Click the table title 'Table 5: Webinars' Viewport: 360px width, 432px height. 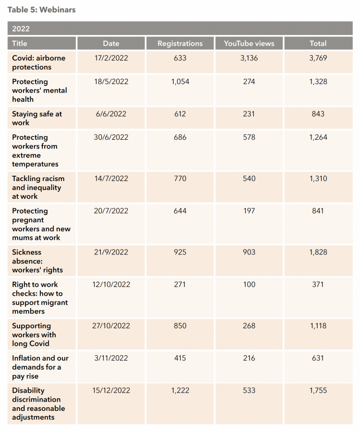pyautogui.click(x=41, y=10)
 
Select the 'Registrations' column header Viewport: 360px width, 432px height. pyautogui.click(x=180, y=44)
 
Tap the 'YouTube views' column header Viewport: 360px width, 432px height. pyautogui.click(x=249, y=44)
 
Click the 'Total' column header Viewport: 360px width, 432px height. pyautogui.click(x=318, y=44)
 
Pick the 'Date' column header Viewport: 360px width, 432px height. pyautogui.click(x=111, y=44)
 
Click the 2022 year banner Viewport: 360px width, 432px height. pyautogui.click(x=180, y=28)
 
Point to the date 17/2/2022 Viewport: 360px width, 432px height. pyautogui.click(x=111, y=58)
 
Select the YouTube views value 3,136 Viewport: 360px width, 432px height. pyautogui.click(x=249, y=58)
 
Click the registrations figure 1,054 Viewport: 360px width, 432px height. pyautogui.click(x=180, y=82)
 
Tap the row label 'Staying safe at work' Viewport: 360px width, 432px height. pyautogui.click(x=37, y=118)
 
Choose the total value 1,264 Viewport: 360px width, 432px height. pyautogui.click(x=318, y=137)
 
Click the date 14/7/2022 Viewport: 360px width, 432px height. pyautogui.click(x=111, y=179)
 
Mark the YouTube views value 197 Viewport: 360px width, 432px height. pyautogui.click(x=249, y=211)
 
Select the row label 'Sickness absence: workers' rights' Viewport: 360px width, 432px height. pyautogui.click(x=37, y=261)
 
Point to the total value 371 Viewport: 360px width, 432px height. pyautogui.click(x=318, y=285)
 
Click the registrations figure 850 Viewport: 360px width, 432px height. pyautogui.click(x=180, y=326)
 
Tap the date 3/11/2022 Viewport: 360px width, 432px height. pyautogui.click(x=111, y=358)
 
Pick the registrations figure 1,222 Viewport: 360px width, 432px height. pyautogui.click(x=180, y=391)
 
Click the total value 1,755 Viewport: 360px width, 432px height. pyautogui.click(x=318, y=391)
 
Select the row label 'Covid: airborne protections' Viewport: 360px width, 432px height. pyautogui.click(x=38, y=62)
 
